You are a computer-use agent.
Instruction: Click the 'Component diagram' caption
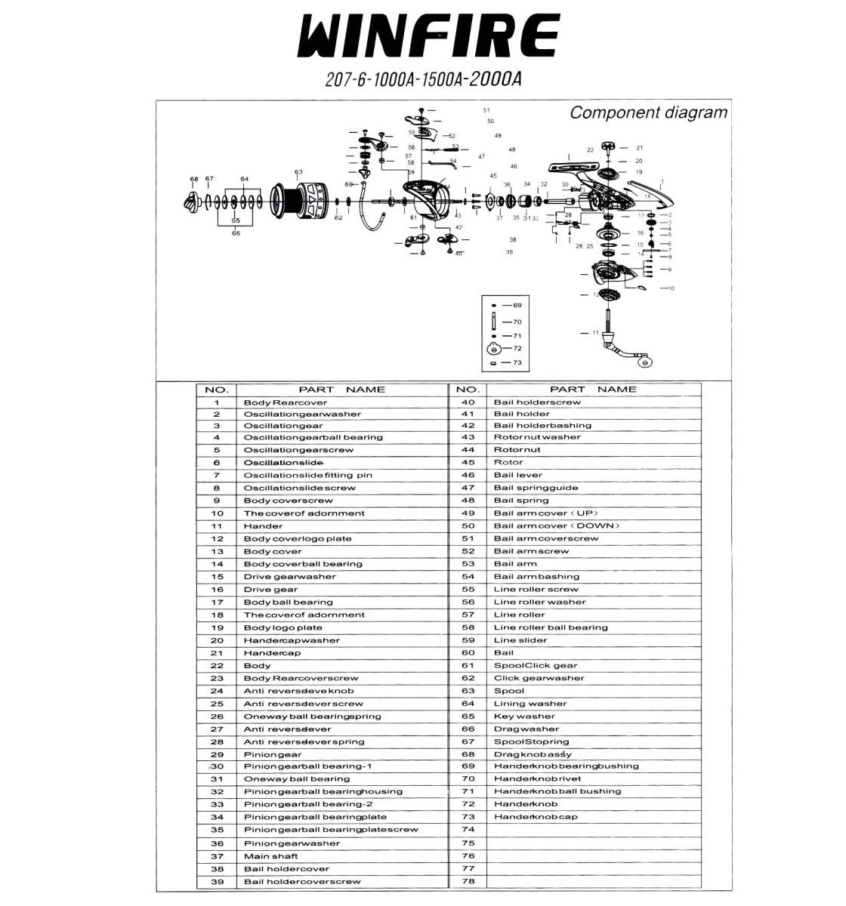point(648,113)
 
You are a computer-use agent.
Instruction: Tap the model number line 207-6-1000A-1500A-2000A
point(423,80)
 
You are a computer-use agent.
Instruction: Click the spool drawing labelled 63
point(298,202)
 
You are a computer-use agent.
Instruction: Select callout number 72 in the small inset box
point(517,349)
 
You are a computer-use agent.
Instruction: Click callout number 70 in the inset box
point(517,322)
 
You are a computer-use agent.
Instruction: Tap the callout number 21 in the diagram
point(639,148)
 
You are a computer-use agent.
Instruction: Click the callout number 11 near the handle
point(595,333)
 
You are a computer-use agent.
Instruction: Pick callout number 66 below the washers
point(236,233)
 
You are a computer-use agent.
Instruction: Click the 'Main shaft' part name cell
point(270,856)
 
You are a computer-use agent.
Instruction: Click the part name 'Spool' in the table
point(509,691)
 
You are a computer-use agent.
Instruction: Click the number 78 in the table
point(468,881)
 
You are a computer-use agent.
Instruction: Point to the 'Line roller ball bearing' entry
point(551,627)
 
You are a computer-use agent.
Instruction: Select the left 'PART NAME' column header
point(341,390)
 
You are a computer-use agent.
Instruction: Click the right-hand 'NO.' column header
point(468,390)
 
